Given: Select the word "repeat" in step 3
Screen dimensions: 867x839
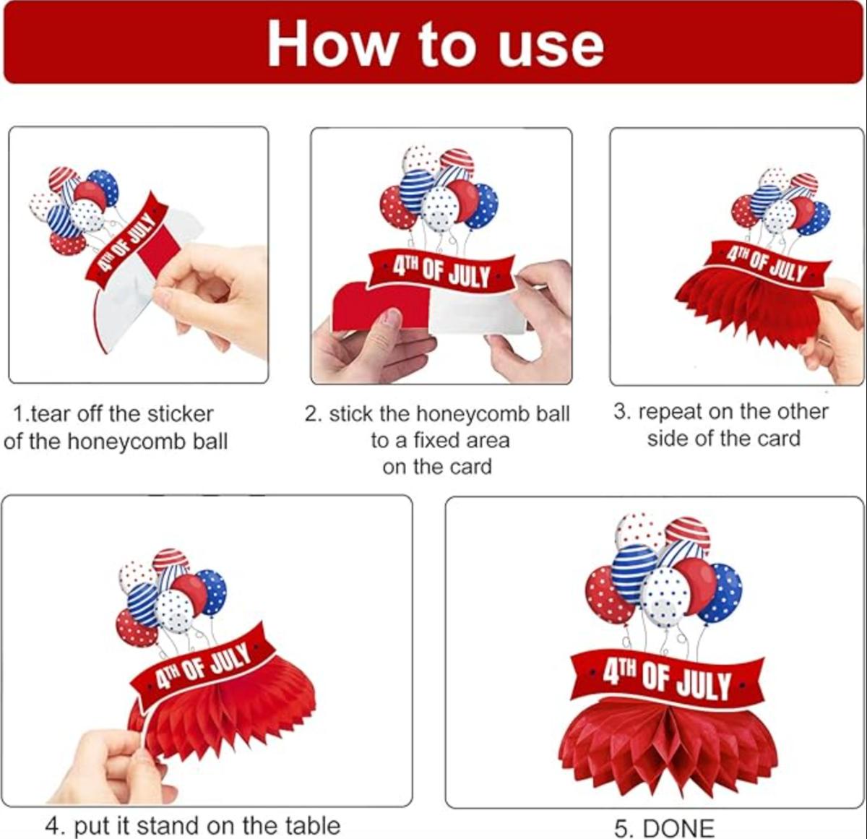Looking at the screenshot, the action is [x=671, y=413].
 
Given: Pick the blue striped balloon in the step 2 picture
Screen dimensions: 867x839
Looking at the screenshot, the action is [x=417, y=192].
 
